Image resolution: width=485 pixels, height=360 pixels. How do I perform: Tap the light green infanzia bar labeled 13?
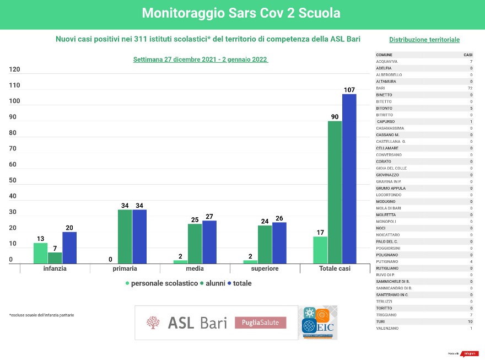pyautogui.click(x=40, y=252)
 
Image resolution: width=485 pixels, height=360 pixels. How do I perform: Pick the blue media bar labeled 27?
pyautogui.click(x=209, y=241)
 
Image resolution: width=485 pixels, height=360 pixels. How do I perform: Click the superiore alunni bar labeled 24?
pyautogui.click(x=265, y=244)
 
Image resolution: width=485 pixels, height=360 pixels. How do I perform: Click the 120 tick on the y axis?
pyautogui.click(x=14, y=69)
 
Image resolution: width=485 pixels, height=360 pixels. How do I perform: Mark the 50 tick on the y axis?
pyautogui.click(x=13, y=181)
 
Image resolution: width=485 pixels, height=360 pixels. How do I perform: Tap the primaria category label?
pyautogui.click(x=125, y=269)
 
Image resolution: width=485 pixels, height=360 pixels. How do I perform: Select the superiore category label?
pyautogui.click(x=265, y=269)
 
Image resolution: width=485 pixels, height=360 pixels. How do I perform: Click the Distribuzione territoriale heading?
pyautogui.click(x=424, y=40)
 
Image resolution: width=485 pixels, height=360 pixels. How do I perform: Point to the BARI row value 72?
pyautogui.click(x=470, y=88)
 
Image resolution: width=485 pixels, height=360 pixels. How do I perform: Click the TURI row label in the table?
pyautogui.click(x=380, y=321)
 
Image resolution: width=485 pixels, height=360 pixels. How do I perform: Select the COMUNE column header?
pyautogui.click(x=384, y=55)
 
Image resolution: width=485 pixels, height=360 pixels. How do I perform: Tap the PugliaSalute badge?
pyautogui.click(x=261, y=323)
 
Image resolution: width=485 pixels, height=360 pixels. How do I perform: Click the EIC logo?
pyautogui.click(x=319, y=323)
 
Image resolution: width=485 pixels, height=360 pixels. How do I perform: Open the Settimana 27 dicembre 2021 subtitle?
pyautogui.click(x=201, y=60)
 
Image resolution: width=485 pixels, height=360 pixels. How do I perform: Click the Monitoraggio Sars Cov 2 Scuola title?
pyautogui.click(x=241, y=13)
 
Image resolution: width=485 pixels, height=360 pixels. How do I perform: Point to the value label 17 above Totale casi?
pyautogui.click(x=320, y=232)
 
